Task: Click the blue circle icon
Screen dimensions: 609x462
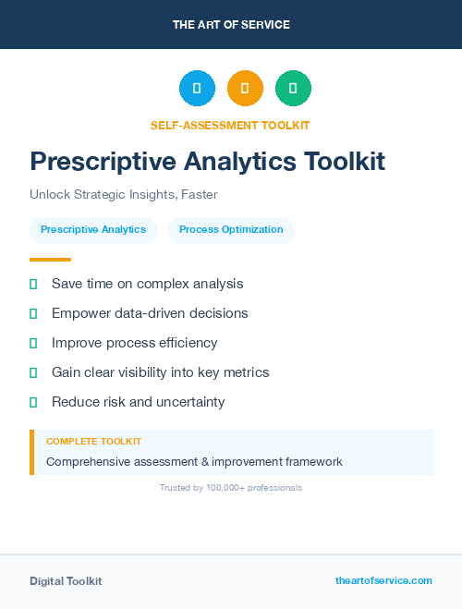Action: pyautogui.click(x=197, y=88)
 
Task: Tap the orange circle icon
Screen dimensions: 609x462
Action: pyautogui.click(x=245, y=88)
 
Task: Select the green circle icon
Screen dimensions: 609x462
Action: pyautogui.click(x=293, y=88)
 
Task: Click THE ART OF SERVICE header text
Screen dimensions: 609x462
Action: pyautogui.click(x=231, y=25)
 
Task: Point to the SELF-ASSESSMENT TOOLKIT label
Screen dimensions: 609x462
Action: pyautogui.click(x=230, y=125)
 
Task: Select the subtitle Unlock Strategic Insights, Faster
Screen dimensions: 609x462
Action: pyautogui.click(x=123, y=195)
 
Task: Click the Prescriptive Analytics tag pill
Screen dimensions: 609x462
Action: pyautogui.click(x=93, y=229)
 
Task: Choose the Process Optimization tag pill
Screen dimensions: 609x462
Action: pyautogui.click(x=231, y=229)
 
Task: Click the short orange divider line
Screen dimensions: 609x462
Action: pyautogui.click(x=50, y=259)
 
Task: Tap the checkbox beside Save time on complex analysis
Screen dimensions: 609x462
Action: pyautogui.click(x=33, y=284)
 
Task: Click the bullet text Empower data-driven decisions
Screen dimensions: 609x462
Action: pyautogui.click(x=150, y=313)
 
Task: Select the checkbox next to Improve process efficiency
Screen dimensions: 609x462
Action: pyautogui.click(x=33, y=343)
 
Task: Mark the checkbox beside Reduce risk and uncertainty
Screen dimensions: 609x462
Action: pyautogui.click(x=33, y=402)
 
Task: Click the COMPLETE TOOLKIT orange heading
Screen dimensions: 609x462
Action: pyautogui.click(x=93, y=442)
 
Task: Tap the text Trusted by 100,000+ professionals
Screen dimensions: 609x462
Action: pyautogui.click(x=231, y=487)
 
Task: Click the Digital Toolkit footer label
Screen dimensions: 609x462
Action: pyautogui.click(x=66, y=581)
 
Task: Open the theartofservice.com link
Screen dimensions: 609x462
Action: pyautogui.click(x=383, y=580)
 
